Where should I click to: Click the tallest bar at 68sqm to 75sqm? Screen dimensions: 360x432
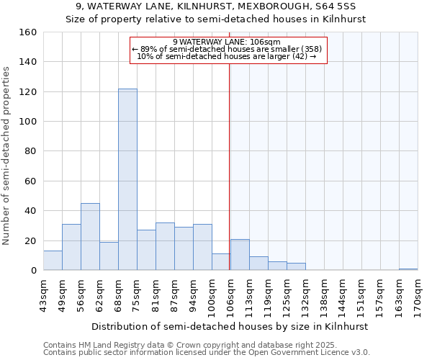click(127, 179)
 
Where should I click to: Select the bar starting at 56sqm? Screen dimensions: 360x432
click(90, 237)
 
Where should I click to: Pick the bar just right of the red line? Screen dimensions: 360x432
click(240, 255)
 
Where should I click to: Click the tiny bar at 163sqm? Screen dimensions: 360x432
click(408, 269)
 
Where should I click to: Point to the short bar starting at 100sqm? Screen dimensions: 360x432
click(221, 262)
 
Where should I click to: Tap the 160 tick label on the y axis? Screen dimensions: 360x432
click(28, 32)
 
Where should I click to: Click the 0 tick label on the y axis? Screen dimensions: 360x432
click(34, 271)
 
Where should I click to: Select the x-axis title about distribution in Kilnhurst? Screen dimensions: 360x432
click(230, 326)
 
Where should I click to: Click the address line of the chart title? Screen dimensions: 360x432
click(216, 6)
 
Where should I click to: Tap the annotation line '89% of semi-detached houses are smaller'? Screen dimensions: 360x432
click(228, 49)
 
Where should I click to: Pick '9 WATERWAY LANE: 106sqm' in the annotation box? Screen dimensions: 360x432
click(227, 42)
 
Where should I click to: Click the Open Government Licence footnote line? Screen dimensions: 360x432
click(207, 353)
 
